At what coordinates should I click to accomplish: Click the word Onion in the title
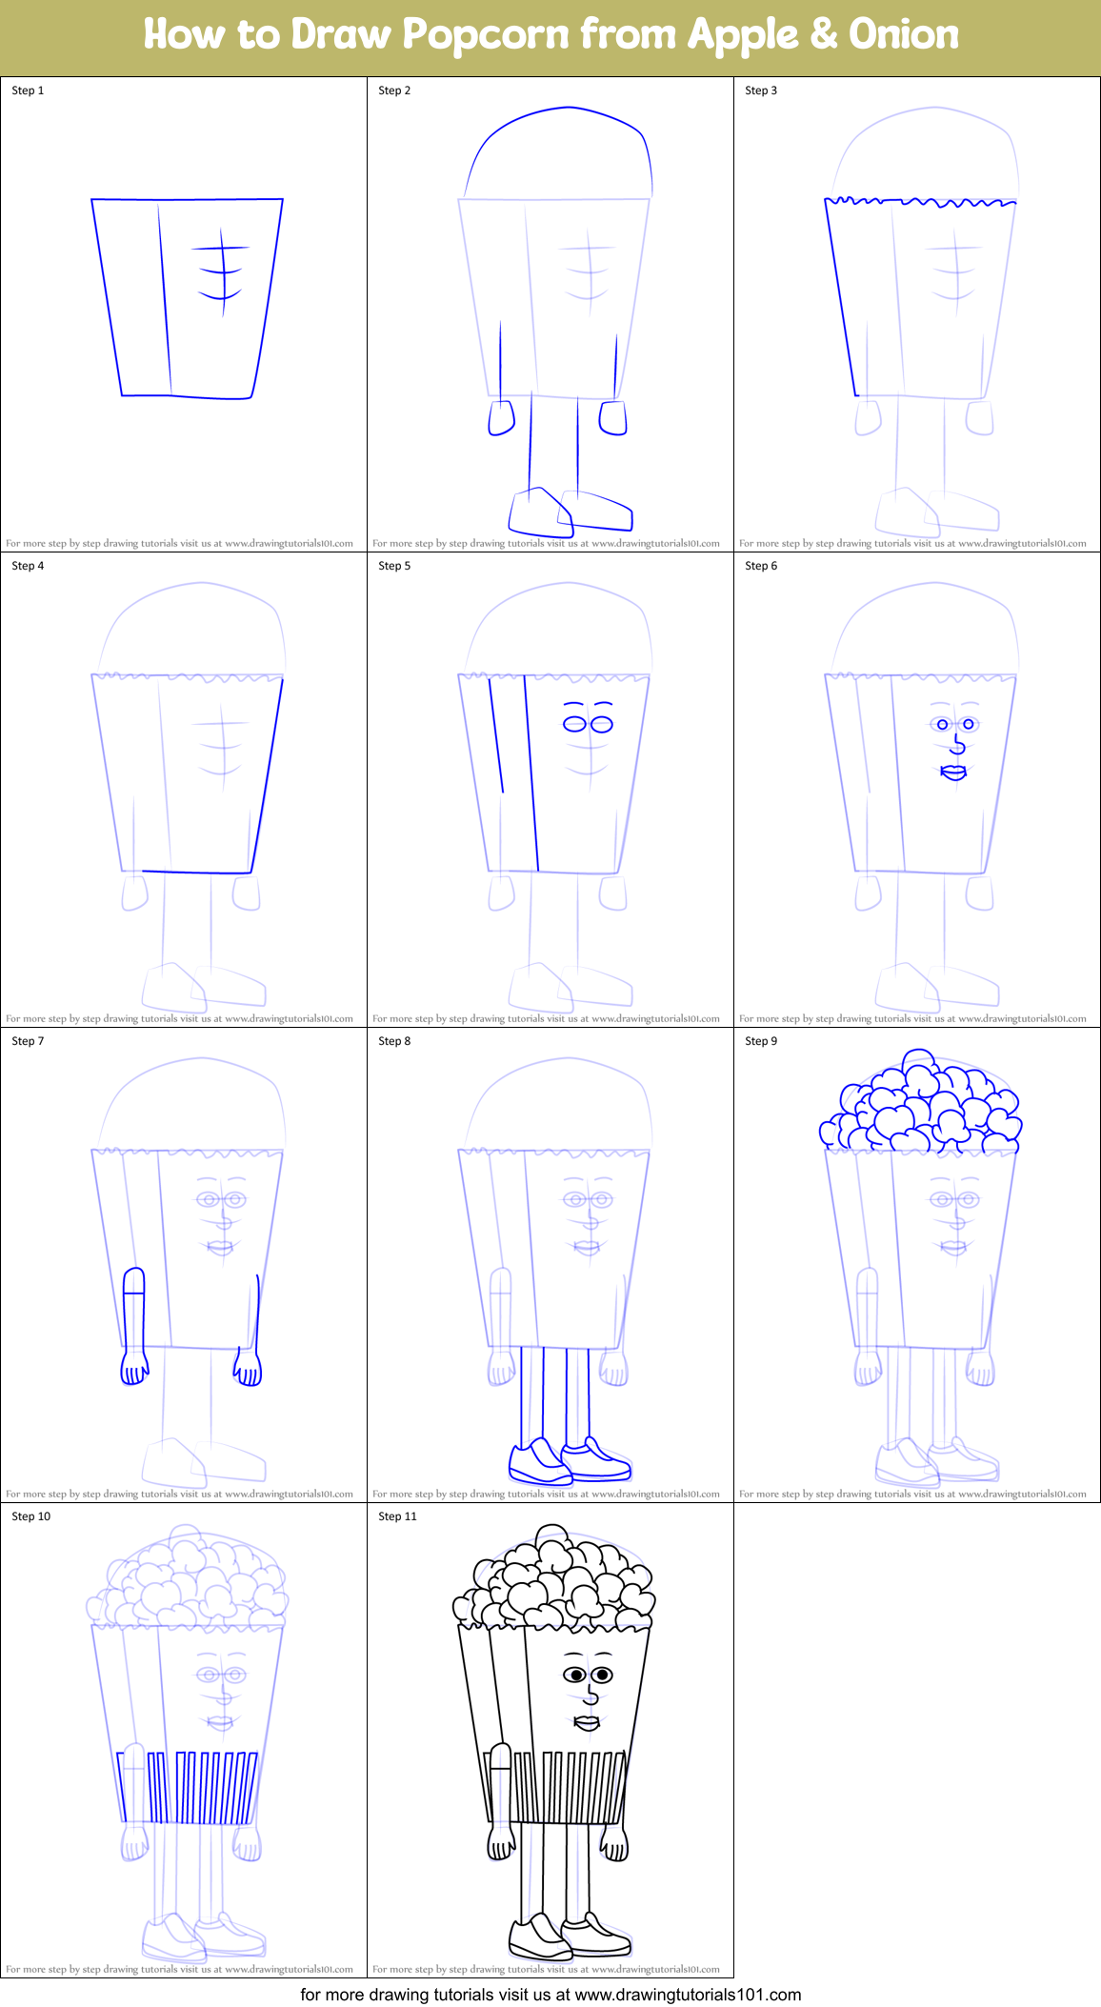(x=903, y=35)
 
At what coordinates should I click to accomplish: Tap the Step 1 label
(x=28, y=90)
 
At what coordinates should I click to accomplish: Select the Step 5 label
(x=394, y=566)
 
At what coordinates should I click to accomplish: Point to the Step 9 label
(x=761, y=1041)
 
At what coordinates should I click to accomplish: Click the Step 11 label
(x=397, y=1516)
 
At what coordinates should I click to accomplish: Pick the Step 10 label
(x=30, y=1516)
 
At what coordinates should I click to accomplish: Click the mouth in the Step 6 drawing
(x=953, y=772)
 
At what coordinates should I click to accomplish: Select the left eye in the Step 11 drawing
(x=575, y=1675)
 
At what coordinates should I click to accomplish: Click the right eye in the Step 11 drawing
(x=602, y=1675)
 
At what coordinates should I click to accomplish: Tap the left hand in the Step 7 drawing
(x=134, y=1369)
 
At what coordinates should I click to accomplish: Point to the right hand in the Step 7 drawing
(x=249, y=1371)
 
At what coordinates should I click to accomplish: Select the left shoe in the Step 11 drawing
(x=538, y=1936)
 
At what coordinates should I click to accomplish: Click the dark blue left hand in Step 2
(x=501, y=417)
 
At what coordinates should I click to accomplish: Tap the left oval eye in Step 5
(x=574, y=724)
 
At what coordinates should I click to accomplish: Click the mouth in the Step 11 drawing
(x=587, y=1722)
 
